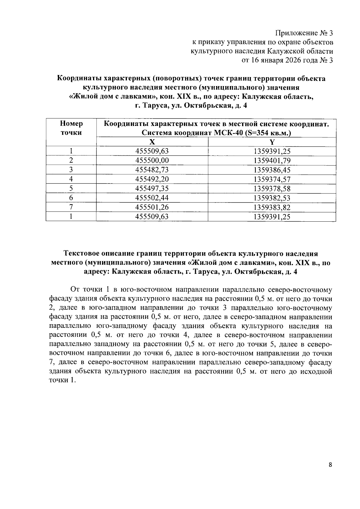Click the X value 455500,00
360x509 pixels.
pyautogui.click(x=152, y=161)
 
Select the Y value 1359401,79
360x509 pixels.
pyautogui.click(x=272, y=161)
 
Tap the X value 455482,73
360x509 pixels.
pyautogui.click(x=152, y=170)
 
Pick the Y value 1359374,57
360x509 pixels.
pyautogui.click(x=272, y=180)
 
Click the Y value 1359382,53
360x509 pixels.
pyautogui.click(x=272, y=198)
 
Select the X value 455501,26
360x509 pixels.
pyautogui.click(x=152, y=208)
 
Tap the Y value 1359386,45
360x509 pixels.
pyautogui.click(x=272, y=170)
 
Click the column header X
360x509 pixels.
pyautogui.click(x=152, y=142)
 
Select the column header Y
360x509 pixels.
pyautogui.click(x=272, y=142)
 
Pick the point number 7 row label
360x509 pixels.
pyautogui.click(x=71, y=208)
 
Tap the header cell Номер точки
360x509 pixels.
pyautogui.click(x=71, y=128)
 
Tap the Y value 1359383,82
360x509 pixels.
pyautogui.click(x=272, y=208)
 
